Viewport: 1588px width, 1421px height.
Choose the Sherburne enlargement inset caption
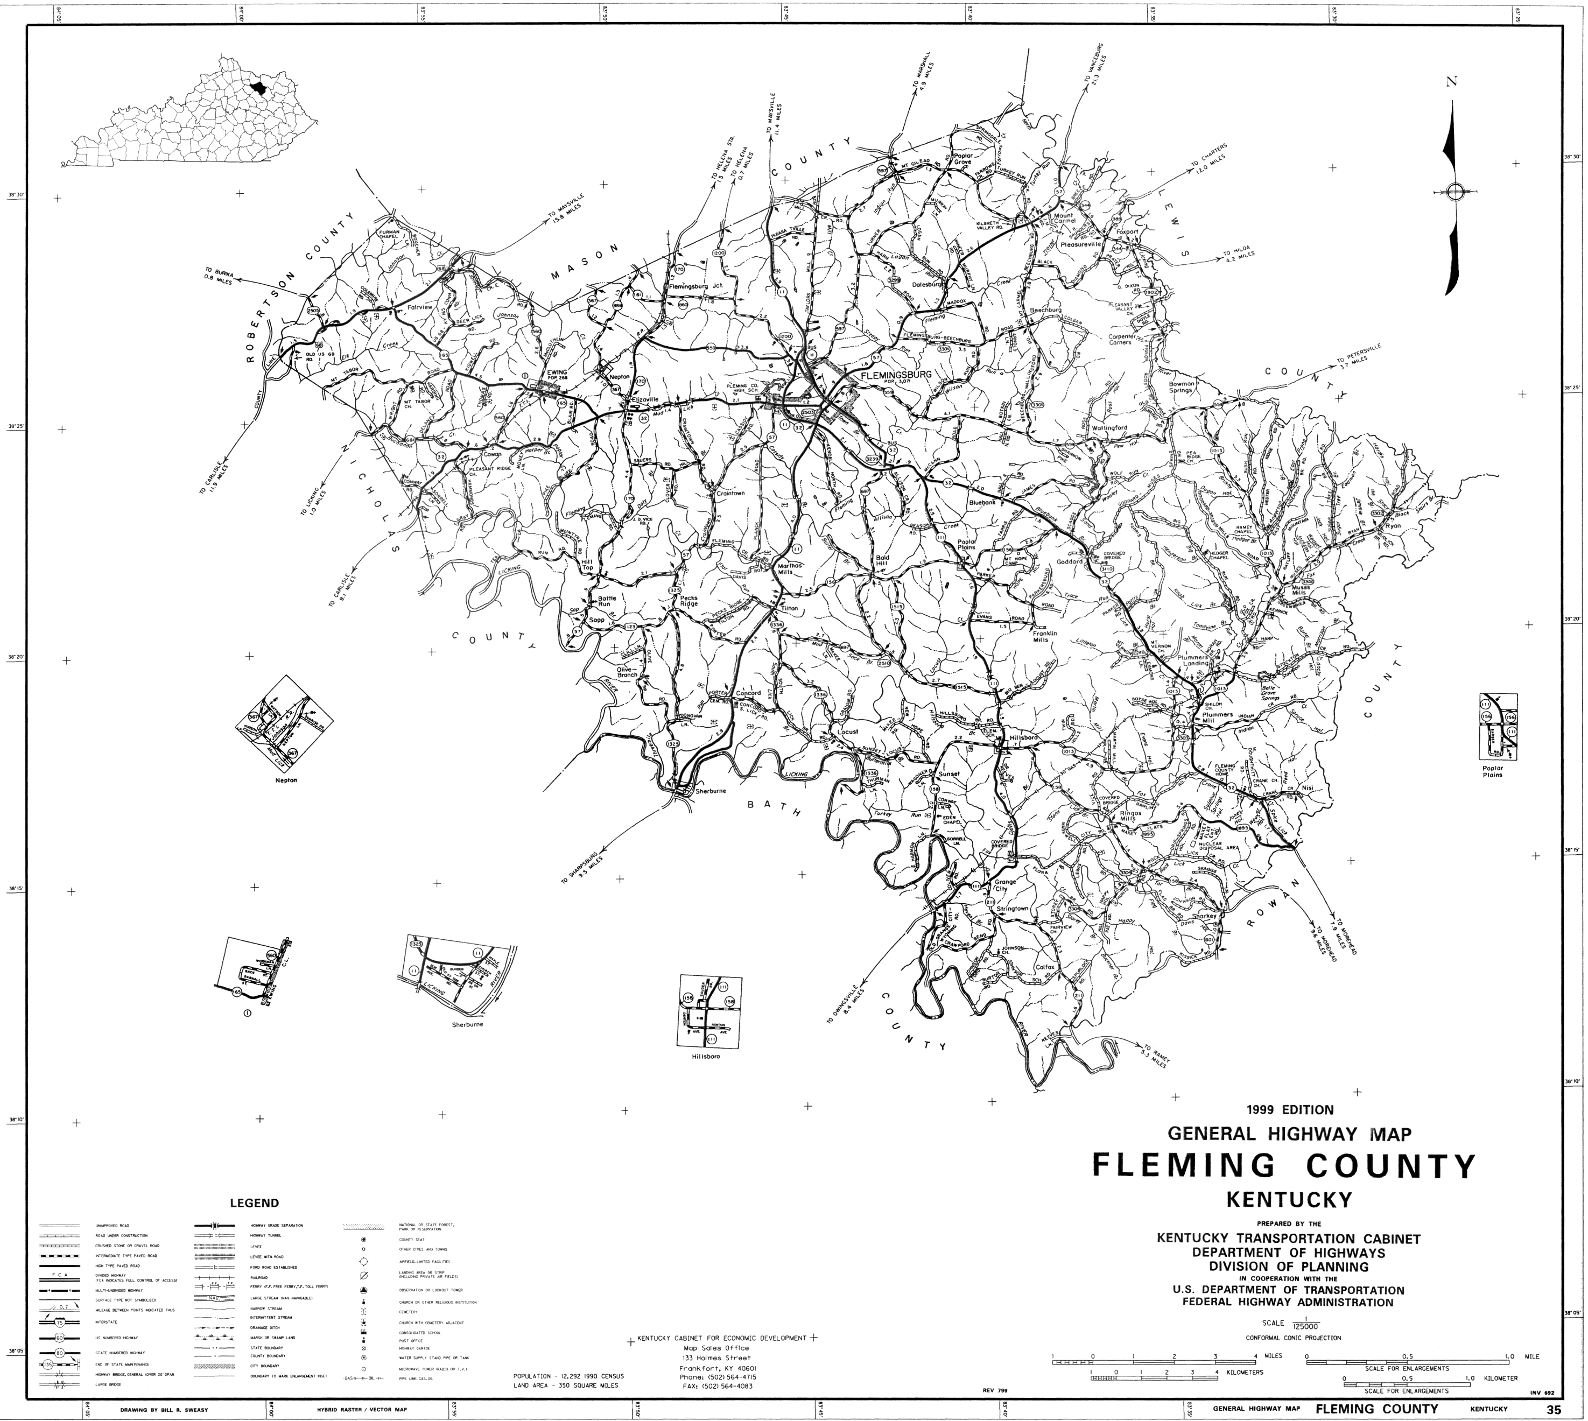tap(468, 1024)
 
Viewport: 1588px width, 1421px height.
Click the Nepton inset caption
tap(286, 779)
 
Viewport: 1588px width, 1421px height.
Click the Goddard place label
tap(1069, 561)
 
